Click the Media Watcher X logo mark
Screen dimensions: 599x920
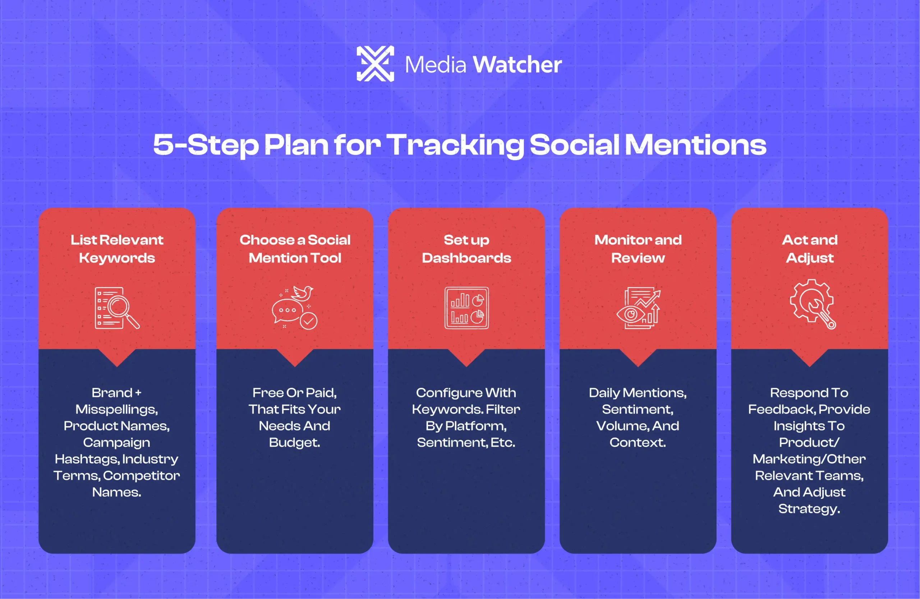[375, 64]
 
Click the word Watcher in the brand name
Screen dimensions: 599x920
[517, 65]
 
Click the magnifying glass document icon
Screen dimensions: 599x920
[117, 308]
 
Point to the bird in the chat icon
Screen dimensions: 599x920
[303, 293]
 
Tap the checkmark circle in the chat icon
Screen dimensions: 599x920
[308, 321]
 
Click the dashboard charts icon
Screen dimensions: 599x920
[466, 308]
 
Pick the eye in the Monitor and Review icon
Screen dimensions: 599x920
[630, 314]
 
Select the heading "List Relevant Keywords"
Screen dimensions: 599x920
[117, 249]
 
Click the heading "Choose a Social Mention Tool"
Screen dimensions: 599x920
[295, 249]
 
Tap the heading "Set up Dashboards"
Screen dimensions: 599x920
[466, 249]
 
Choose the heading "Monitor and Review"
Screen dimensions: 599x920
[638, 249]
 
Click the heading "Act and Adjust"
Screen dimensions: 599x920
[810, 249]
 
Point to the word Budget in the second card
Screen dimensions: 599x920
[294, 442]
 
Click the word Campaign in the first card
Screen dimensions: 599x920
[116, 442]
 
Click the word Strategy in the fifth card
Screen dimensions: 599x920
[809, 508]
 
